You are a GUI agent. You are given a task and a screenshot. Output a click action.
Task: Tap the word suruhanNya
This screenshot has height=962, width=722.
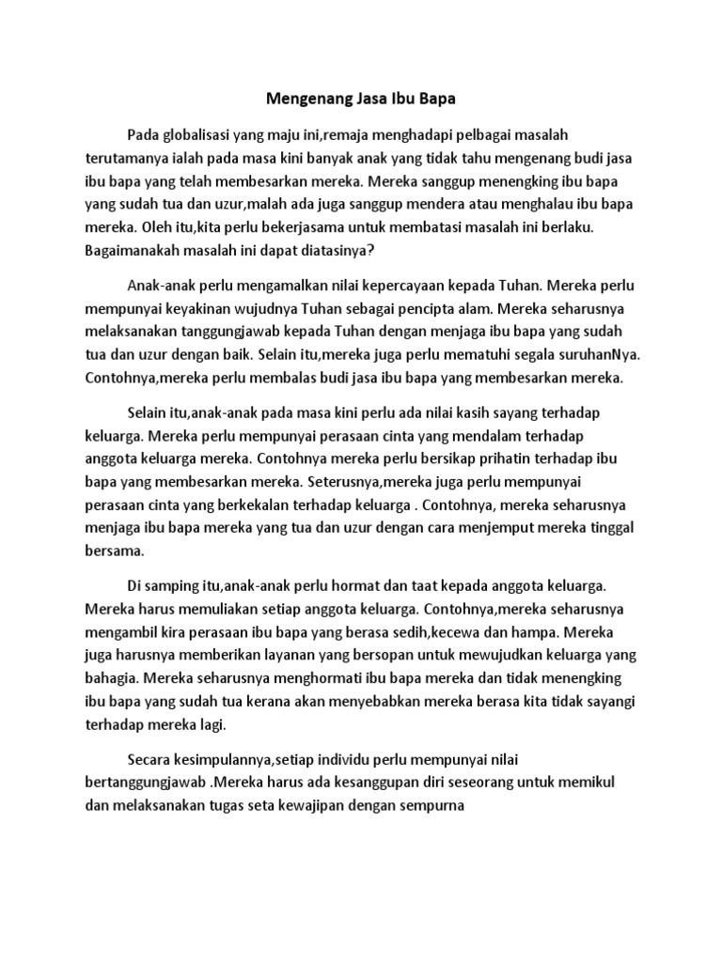point(598,356)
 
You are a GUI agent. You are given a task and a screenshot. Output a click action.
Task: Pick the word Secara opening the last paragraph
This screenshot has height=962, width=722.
point(149,758)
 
